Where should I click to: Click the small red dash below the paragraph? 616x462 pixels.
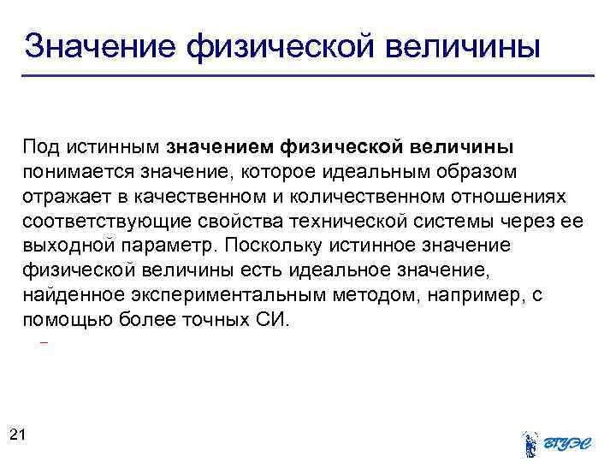pyautogui.click(x=44, y=343)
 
